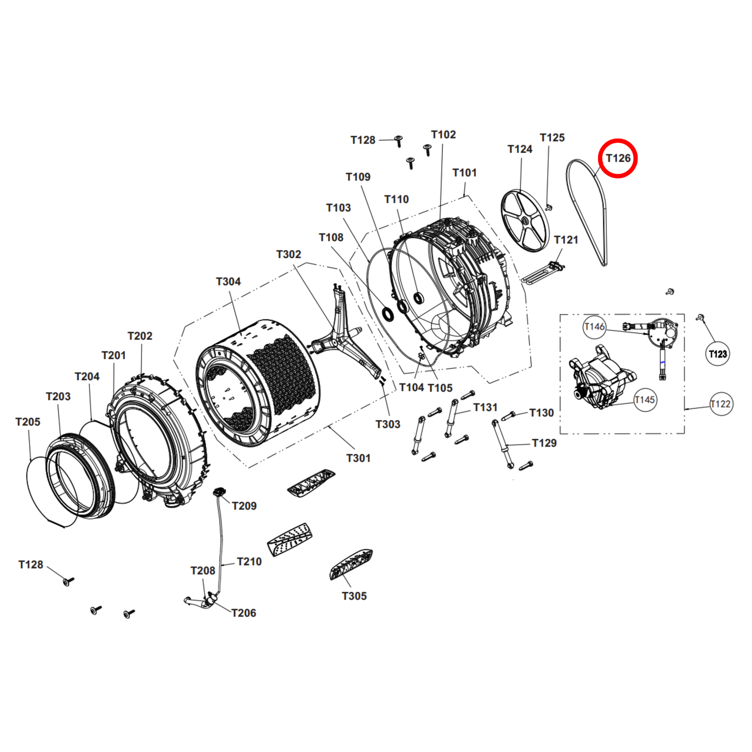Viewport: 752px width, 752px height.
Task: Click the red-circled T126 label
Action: [x=618, y=158]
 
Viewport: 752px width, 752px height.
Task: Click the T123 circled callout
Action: [x=718, y=354]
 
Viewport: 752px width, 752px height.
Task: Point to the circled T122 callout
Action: [x=721, y=404]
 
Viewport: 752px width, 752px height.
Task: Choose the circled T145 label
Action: [x=645, y=400]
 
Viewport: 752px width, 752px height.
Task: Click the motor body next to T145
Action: [x=598, y=380]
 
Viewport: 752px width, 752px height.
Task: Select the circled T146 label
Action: [x=594, y=327]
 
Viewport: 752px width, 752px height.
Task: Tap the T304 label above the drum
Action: [x=228, y=282]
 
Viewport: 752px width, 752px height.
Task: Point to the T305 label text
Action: [x=354, y=596]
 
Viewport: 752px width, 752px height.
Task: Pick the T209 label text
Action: [x=244, y=506]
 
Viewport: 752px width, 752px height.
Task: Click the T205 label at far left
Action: [x=28, y=422]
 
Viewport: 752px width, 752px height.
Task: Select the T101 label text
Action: [x=464, y=173]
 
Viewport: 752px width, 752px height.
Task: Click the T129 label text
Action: [x=544, y=443]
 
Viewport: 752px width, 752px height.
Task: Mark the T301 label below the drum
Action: [x=358, y=458]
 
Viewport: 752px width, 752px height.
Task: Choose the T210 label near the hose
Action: [x=249, y=562]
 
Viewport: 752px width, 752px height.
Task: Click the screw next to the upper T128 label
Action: [x=399, y=141]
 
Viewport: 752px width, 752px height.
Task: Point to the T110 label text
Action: [x=396, y=199]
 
